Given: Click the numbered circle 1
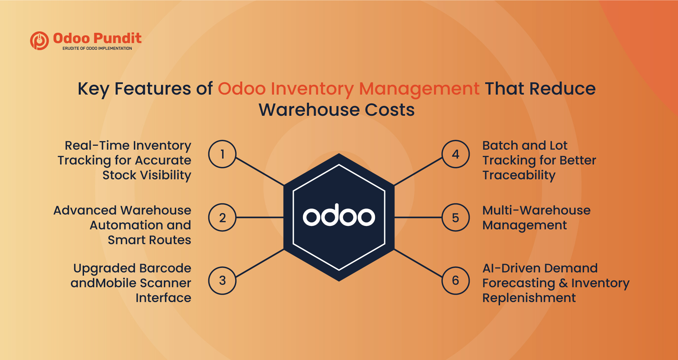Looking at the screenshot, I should tap(222, 154).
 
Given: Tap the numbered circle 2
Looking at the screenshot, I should tap(222, 217).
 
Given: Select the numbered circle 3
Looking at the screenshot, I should tap(222, 281).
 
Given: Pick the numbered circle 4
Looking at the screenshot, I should tap(456, 154).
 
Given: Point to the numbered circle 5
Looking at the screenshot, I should tap(456, 217).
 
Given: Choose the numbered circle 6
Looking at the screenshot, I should tap(456, 281).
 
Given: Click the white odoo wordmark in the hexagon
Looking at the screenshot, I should tap(339, 215).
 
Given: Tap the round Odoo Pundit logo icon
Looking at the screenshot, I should tap(40, 41).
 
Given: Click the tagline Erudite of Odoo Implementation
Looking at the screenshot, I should tap(97, 48).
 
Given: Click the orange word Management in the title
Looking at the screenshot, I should tap(419, 89).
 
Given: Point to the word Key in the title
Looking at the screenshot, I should tap(93, 89).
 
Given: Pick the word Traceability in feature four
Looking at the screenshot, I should tap(519, 175).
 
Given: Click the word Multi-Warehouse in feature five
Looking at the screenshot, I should tap(536, 210).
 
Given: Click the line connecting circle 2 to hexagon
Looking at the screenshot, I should tap(260, 217).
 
